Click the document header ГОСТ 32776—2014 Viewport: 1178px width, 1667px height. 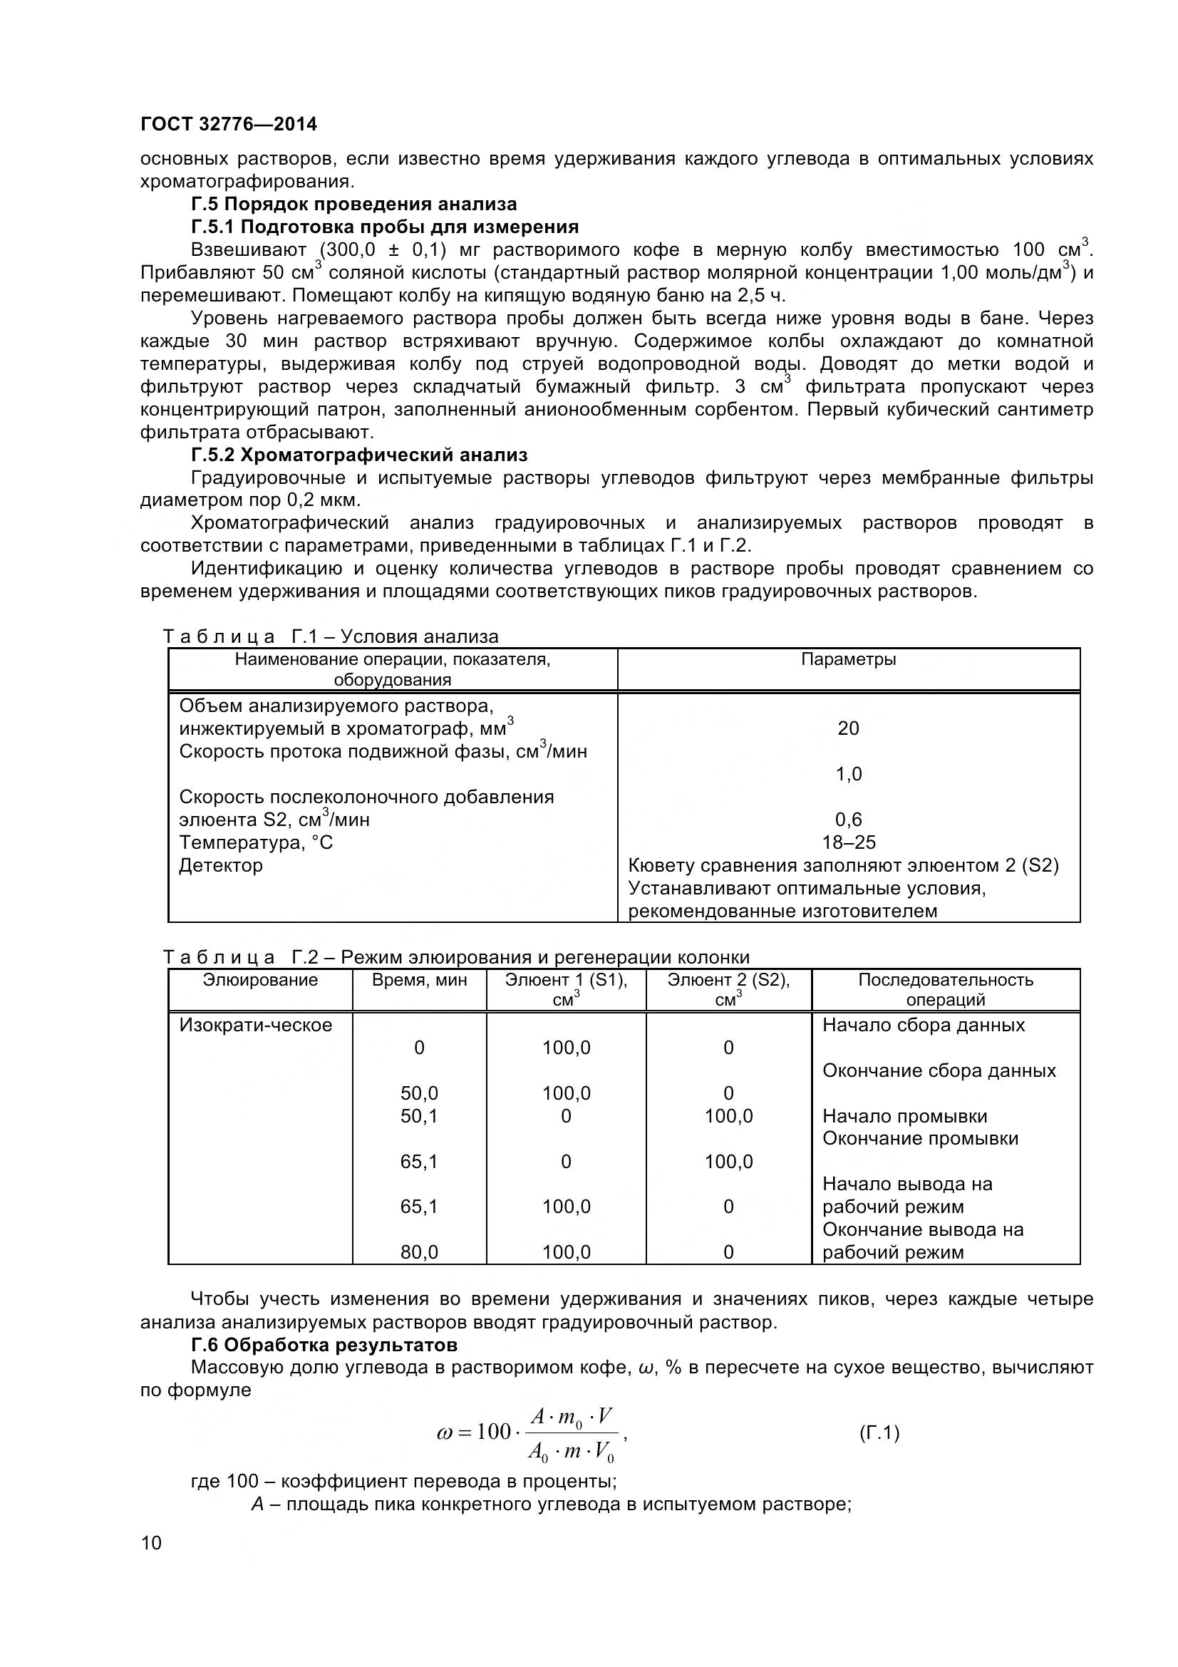[x=229, y=124]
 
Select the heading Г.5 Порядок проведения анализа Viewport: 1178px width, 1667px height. [x=353, y=204]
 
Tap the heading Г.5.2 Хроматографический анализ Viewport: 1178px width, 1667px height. [x=359, y=455]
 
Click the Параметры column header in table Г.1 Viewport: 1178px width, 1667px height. [x=848, y=659]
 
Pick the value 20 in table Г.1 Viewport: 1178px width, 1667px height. [x=848, y=728]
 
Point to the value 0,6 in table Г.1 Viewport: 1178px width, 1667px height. [x=848, y=820]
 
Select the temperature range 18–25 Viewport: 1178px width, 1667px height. [x=849, y=842]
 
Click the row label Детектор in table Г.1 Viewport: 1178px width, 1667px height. [x=221, y=865]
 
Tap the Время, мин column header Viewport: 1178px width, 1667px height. [x=419, y=980]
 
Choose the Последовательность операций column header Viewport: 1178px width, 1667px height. [x=945, y=989]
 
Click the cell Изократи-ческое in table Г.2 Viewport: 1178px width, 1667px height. [x=256, y=1025]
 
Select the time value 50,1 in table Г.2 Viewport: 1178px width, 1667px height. [x=419, y=1116]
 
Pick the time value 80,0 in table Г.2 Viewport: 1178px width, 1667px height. [x=419, y=1251]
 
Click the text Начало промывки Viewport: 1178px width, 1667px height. [x=904, y=1116]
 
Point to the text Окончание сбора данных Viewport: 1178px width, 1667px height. [x=939, y=1071]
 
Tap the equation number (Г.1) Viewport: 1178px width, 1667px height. [x=879, y=1433]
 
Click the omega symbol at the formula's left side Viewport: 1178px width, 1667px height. [x=444, y=1433]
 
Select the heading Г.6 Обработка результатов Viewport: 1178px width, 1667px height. [x=324, y=1345]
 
